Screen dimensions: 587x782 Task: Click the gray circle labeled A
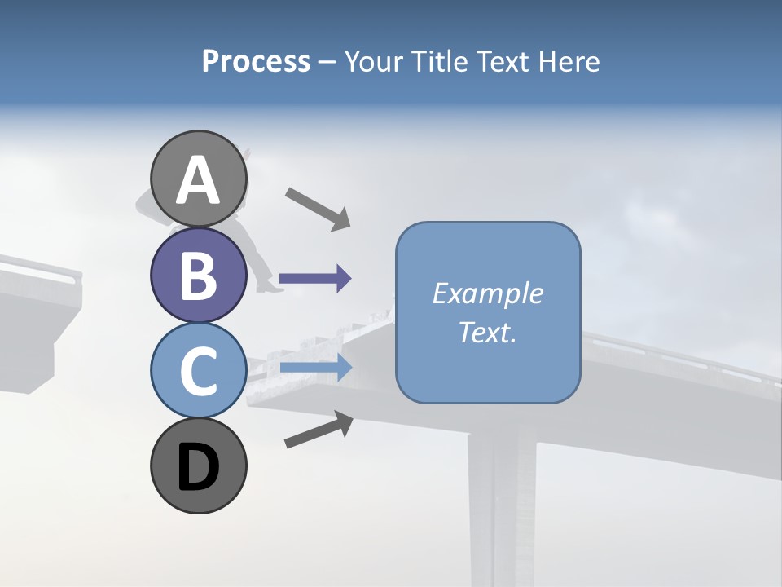coord(199,179)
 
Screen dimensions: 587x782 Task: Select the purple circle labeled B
coord(199,275)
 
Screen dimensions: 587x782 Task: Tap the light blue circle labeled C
coord(199,370)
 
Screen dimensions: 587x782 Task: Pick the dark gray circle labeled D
coord(199,466)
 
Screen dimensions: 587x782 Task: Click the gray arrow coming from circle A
coord(318,208)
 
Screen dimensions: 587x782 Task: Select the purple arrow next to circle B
coord(315,279)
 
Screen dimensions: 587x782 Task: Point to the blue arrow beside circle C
coord(315,368)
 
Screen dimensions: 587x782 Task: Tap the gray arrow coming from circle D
coord(319,430)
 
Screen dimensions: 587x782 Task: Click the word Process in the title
coord(256,61)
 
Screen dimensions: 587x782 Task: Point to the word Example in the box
coord(487,293)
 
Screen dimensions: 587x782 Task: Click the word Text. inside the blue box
coord(487,333)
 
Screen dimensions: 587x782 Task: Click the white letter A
coord(199,180)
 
